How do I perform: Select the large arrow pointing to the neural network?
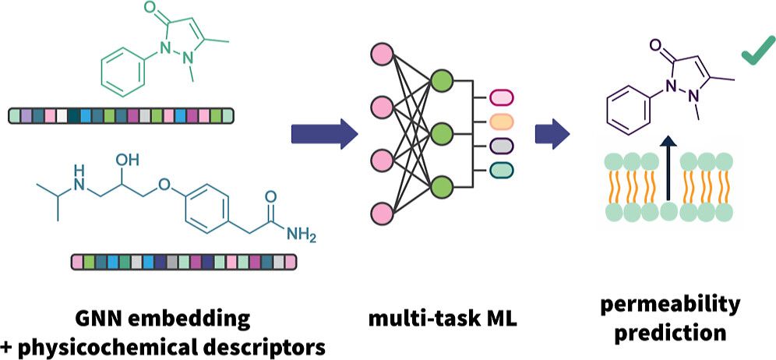324,133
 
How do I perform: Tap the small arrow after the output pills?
552,133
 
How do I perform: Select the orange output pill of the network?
501,122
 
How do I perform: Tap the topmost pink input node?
382,55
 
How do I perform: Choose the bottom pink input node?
382,212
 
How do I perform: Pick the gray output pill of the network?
501,145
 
